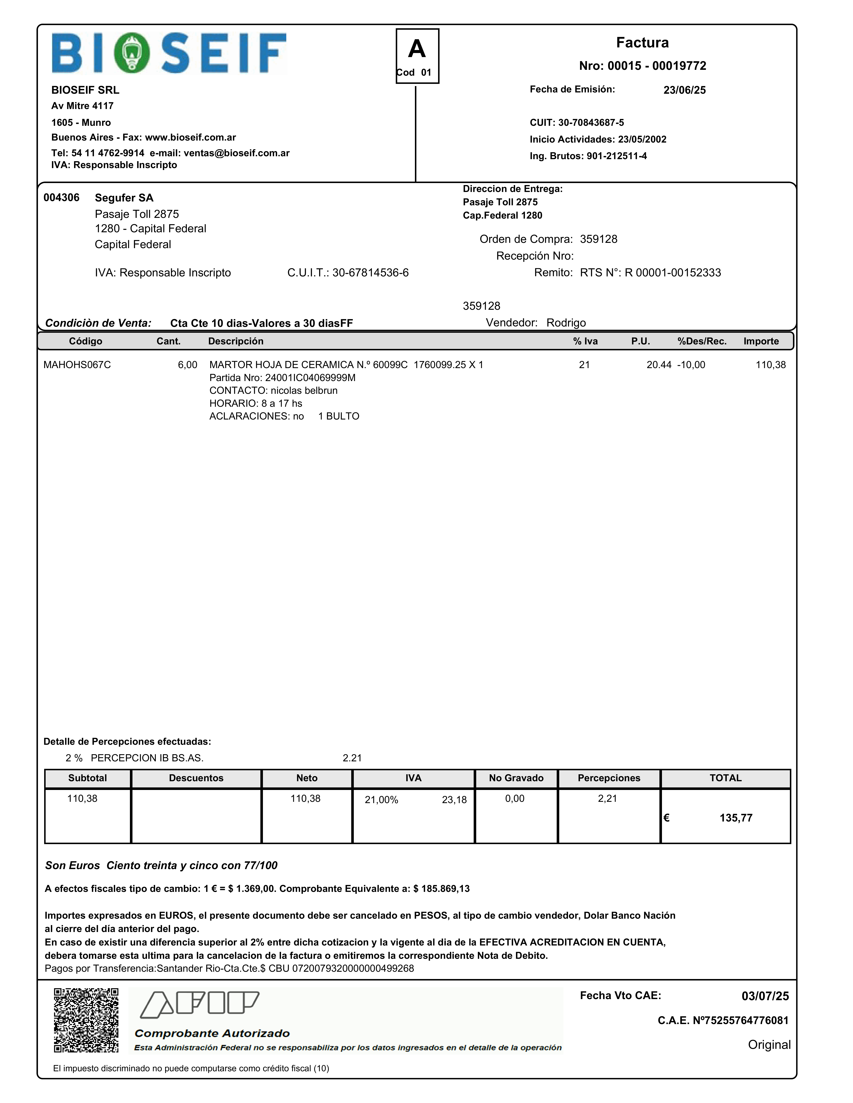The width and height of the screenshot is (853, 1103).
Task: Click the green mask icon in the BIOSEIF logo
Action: (x=131, y=53)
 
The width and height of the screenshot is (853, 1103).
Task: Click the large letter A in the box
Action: (x=417, y=49)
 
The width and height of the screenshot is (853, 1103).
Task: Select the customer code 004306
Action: (x=61, y=197)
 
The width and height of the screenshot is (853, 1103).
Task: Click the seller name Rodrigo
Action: (x=566, y=323)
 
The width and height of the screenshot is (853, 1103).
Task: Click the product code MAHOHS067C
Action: (x=77, y=365)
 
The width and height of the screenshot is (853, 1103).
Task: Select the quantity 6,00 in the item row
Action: (x=187, y=365)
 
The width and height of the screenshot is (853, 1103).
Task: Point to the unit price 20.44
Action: (x=659, y=365)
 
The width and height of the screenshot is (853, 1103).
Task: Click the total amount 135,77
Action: (x=736, y=818)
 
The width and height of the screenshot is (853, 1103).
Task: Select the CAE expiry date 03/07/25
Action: (x=765, y=996)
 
